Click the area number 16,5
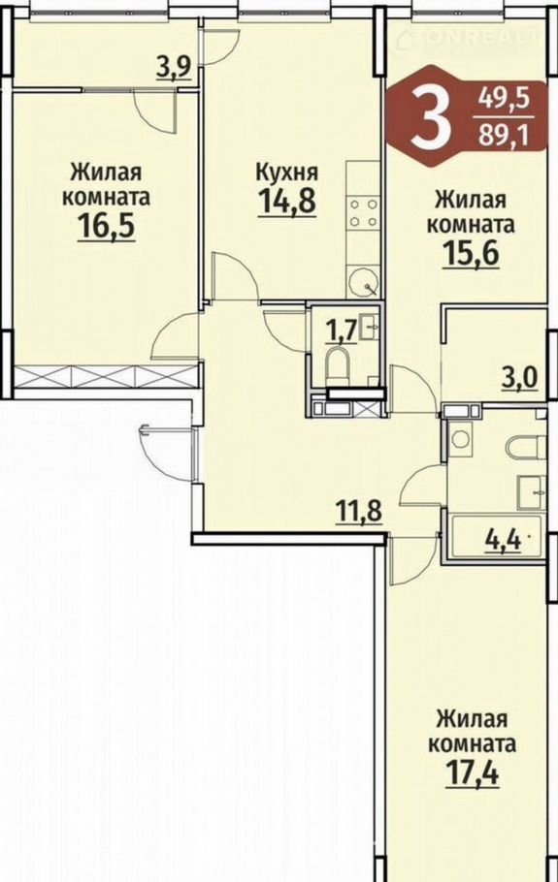pos(107,227)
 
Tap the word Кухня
pos(287,172)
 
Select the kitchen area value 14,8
pos(287,201)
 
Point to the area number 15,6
pos(471,255)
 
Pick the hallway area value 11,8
pos(359,513)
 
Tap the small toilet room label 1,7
pos(342,331)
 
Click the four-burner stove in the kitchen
pos(363,212)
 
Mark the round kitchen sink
pos(364,282)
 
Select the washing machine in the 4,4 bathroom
pos(461,439)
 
